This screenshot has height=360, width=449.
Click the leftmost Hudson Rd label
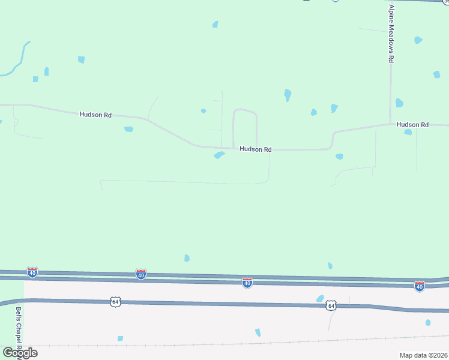[x=95, y=114]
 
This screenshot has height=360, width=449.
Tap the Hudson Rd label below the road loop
[x=256, y=149]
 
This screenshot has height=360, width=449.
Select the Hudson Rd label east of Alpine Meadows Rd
[x=412, y=125]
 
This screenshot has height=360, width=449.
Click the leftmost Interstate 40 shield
[x=32, y=272]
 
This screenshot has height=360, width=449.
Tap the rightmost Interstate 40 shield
[x=420, y=286]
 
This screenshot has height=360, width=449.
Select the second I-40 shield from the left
[x=141, y=274]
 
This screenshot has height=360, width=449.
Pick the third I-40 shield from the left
[x=247, y=283]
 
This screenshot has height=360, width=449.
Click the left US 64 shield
[x=115, y=301]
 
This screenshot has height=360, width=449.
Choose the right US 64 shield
[x=331, y=306]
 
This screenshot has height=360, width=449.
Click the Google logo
[x=19, y=353]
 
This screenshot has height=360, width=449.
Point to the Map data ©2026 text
[x=424, y=355]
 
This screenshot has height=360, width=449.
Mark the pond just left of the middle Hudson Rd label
[x=219, y=155]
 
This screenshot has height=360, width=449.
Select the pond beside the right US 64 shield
[x=320, y=299]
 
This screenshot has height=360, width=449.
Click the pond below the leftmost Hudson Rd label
[x=128, y=129]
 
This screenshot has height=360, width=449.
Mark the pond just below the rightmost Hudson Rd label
[x=408, y=132]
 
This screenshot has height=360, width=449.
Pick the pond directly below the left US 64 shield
[x=120, y=338]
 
